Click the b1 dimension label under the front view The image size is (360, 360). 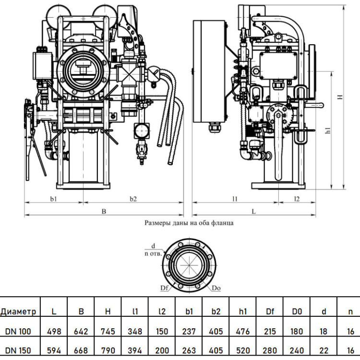click(53, 199)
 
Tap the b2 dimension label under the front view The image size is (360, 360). click(133, 199)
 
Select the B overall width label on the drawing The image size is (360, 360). click(104, 212)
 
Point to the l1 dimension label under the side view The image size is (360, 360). click(235, 199)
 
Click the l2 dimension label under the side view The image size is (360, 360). click(297, 199)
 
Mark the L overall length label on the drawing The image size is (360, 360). click(254, 212)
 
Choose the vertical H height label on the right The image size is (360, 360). click(340, 96)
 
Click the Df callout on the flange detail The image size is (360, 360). click(164, 288)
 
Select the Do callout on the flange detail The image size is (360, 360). click(216, 288)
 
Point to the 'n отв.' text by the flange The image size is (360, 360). click(153, 254)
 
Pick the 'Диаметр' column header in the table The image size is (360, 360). click(18, 312)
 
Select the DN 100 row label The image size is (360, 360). click(18, 331)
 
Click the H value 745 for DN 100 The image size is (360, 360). click(108, 331)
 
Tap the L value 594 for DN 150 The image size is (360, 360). click(54, 350)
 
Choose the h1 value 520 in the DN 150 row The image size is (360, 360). click(243, 350)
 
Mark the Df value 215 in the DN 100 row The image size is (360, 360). click(270, 331)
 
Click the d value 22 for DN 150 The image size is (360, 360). click(324, 350)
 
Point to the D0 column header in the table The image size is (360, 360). click(297, 312)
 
